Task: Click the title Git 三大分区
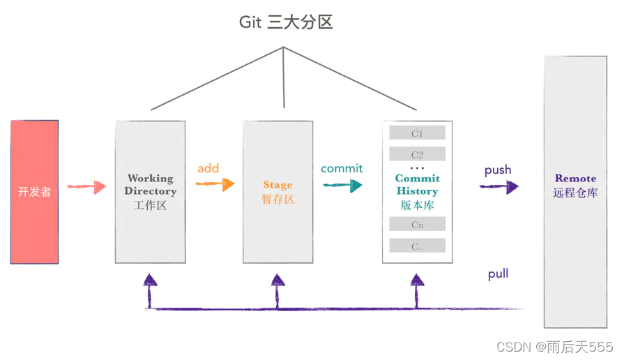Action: coord(286,22)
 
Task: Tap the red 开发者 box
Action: coord(34,192)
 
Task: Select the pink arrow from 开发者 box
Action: coord(86,187)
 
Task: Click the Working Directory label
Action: coord(151,185)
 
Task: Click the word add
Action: coord(208,168)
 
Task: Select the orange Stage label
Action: coord(277,185)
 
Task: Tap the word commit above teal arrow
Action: coord(342,168)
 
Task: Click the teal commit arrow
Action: coord(342,185)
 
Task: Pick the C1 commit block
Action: coord(417,133)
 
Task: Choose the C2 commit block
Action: coord(417,154)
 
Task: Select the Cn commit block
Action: coord(417,225)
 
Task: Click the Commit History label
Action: coord(417,185)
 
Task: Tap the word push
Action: coord(498,170)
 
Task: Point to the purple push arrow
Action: coord(499,186)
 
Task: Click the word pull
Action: coord(498,274)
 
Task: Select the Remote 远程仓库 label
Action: coord(575,186)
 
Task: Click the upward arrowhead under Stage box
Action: coord(277,280)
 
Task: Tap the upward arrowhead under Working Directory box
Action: coord(149,280)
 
